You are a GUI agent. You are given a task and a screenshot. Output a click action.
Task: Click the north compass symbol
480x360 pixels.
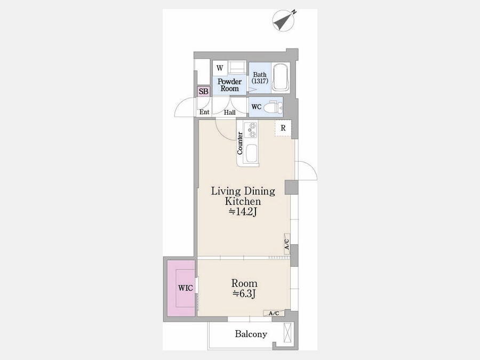(x=284, y=20)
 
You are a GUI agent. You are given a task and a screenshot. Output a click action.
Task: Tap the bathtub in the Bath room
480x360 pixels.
(x=281, y=77)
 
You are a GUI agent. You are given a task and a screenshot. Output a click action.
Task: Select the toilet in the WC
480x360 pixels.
(x=273, y=107)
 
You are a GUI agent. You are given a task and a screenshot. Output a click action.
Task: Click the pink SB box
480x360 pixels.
(x=204, y=91)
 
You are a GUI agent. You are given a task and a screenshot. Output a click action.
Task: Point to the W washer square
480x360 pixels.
(x=220, y=68)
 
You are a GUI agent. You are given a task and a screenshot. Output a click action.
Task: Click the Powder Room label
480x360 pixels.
(x=229, y=85)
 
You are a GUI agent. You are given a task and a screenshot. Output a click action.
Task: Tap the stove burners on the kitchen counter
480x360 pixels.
(x=251, y=130)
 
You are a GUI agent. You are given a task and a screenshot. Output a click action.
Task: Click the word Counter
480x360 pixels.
(x=239, y=143)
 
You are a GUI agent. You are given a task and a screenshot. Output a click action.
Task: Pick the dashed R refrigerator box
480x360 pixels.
(x=283, y=128)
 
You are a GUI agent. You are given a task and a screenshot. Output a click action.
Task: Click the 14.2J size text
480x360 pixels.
(x=242, y=212)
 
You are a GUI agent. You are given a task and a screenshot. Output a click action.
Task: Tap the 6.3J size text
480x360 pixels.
(x=244, y=293)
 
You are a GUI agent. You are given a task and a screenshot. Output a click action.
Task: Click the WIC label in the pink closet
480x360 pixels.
(x=186, y=288)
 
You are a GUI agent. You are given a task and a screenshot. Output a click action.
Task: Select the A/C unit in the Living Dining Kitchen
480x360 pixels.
(x=287, y=244)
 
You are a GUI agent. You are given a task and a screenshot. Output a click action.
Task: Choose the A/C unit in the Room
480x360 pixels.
(x=274, y=313)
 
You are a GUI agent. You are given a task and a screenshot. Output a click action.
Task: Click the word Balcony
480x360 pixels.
(x=251, y=334)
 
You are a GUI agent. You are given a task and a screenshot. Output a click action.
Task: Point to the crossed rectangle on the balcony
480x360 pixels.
(x=289, y=332)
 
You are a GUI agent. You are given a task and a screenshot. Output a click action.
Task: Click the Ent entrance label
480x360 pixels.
(x=204, y=113)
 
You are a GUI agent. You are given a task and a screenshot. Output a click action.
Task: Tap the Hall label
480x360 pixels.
(x=229, y=113)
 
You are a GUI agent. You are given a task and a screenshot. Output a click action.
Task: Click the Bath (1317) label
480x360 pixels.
(x=260, y=78)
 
